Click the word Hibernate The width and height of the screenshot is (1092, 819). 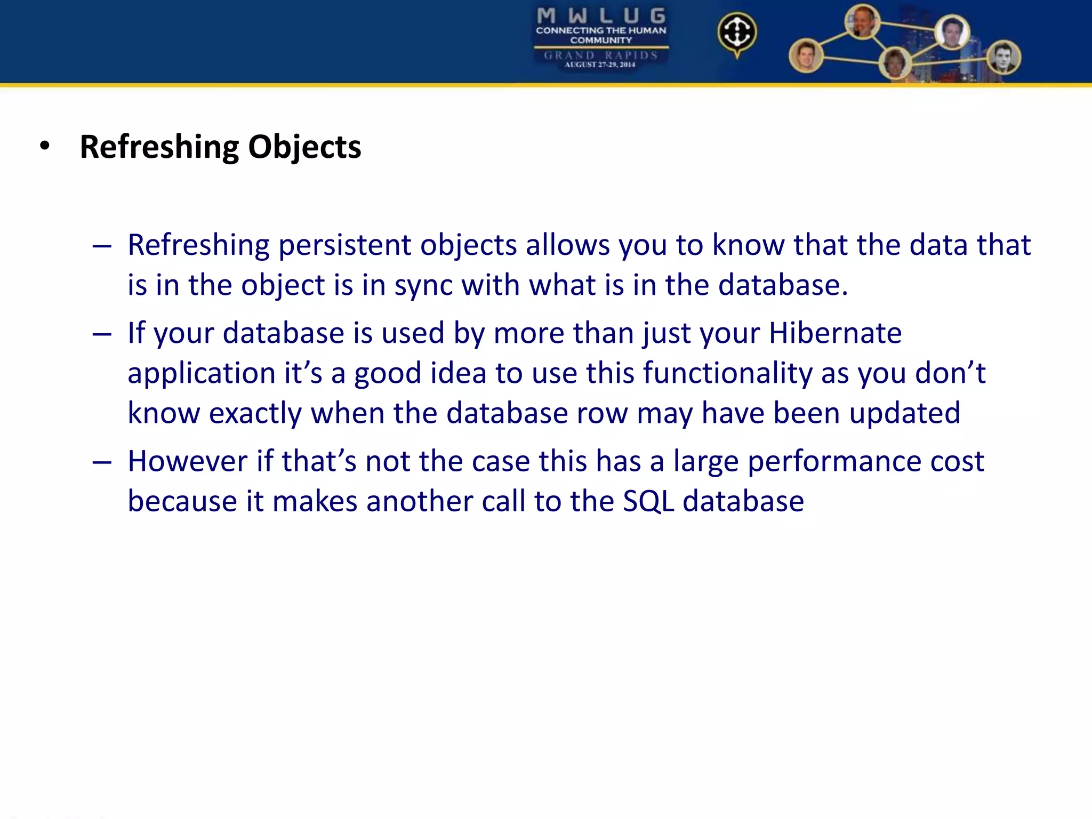[x=835, y=333]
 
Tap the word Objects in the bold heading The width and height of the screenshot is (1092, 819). [x=304, y=147]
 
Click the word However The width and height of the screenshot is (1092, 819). [x=187, y=461]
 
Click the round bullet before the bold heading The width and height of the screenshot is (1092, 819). [x=45, y=146]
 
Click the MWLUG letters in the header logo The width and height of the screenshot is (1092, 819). [x=601, y=16]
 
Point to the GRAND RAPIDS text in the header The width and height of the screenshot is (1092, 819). [x=601, y=55]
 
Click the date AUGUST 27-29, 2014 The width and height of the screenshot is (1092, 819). [x=600, y=65]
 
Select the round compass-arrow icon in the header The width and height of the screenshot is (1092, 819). [x=737, y=33]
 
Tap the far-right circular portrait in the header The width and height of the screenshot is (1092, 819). [x=1003, y=57]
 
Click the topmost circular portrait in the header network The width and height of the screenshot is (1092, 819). [x=862, y=22]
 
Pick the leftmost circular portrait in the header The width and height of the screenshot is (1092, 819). [x=806, y=55]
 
